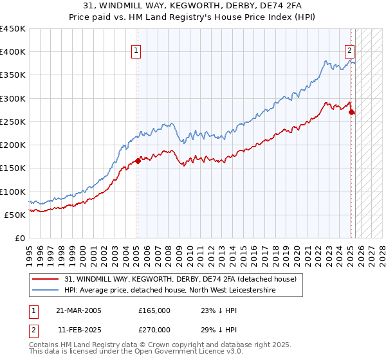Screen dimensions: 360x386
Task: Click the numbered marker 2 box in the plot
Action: [x=350, y=51]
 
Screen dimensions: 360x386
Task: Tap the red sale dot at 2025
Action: [x=351, y=113]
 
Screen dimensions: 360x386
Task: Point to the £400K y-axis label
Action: [x=13, y=52]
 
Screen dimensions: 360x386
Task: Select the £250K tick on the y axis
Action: [x=13, y=122]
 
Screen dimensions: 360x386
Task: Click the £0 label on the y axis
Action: [x=21, y=238]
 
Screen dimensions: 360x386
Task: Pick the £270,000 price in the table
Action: [x=154, y=328]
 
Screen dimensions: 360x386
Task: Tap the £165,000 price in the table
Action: [x=154, y=310]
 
